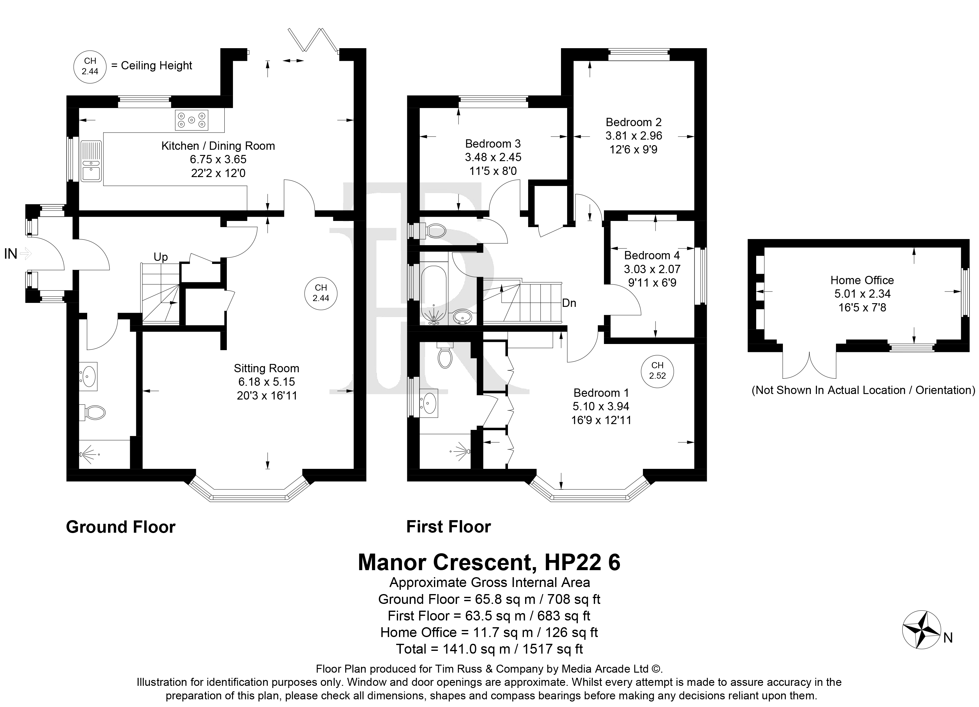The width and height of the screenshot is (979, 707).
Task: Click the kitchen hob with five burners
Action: (191, 120)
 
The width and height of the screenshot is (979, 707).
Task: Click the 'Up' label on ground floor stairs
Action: (161, 257)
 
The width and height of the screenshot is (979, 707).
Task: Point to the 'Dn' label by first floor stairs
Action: (569, 303)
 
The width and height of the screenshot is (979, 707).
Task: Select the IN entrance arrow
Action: (26, 253)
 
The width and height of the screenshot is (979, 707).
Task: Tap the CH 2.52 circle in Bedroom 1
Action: (657, 371)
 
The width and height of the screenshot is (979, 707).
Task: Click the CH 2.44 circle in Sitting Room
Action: (321, 293)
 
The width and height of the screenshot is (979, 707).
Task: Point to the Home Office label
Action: (862, 280)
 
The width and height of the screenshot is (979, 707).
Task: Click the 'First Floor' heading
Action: (448, 527)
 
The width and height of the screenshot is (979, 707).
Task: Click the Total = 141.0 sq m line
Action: (489, 649)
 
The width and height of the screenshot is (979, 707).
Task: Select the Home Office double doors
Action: (809, 365)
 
